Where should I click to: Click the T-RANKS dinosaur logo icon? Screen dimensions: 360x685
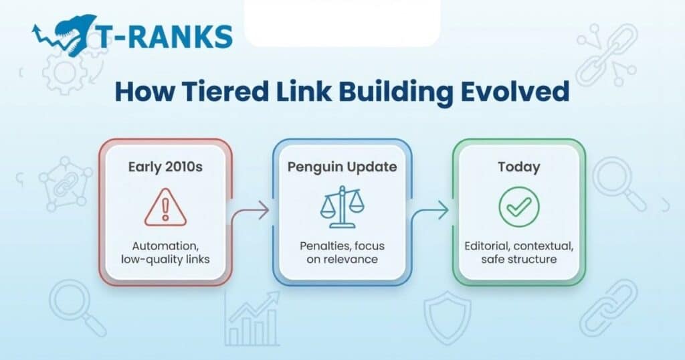point(63,34)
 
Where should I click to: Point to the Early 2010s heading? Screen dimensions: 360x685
point(165,167)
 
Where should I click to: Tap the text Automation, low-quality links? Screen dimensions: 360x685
point(165,252)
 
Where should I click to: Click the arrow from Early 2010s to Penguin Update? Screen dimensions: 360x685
point(251,213)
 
